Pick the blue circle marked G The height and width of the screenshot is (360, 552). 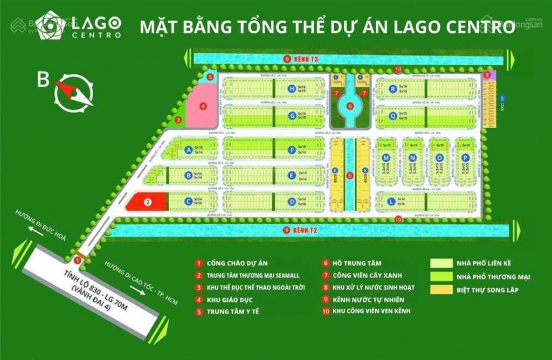292,115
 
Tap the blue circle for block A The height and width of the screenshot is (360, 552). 189,150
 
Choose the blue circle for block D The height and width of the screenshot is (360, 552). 292,202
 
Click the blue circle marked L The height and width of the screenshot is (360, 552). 391,202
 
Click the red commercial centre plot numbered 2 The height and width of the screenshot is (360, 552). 147,202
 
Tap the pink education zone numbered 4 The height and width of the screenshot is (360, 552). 202,107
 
